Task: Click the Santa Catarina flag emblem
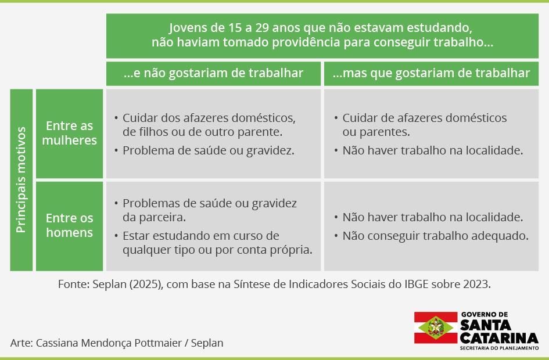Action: click(436, 327)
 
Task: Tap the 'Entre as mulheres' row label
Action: click(69, 133)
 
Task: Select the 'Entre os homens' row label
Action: click(69, 225)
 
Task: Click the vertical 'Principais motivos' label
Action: click(21, 180)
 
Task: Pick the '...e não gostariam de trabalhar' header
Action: click(213, 73)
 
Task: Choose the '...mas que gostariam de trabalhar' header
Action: click(431, 73)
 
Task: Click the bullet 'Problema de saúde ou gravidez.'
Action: click(209, 150)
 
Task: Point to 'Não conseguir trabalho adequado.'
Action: click(435, 236)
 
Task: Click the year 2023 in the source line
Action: click(477, 284)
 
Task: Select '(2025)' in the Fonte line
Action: click(146, 284)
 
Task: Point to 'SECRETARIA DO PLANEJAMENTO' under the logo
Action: click(499, 348)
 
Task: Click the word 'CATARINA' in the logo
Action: click(499, 338)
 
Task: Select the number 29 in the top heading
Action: click(262, 28)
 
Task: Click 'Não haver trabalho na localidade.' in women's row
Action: click(432, 150)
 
